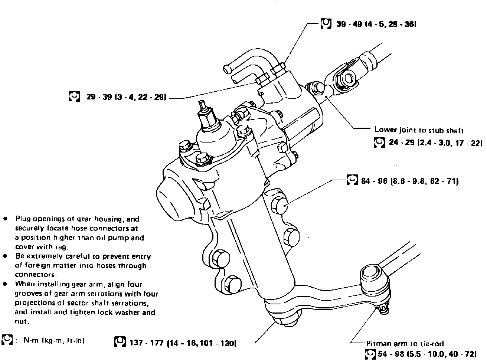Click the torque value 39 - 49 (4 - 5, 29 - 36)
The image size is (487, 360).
pos(376,24)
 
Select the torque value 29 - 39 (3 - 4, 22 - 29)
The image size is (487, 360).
pos(126,97)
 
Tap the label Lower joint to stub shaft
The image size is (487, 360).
pos(419,130)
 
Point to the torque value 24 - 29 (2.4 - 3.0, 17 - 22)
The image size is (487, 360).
pos(436,143)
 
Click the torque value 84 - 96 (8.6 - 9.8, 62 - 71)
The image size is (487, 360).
pos(410,181)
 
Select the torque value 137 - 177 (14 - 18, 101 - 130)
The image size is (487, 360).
pos(183,343)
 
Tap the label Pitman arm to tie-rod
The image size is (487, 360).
pos(405,344)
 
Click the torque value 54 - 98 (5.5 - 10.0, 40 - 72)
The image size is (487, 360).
pos(427,354)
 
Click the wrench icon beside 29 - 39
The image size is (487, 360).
pos(75,96)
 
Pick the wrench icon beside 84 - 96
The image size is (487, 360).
pos(352,180)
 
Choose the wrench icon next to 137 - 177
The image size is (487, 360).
pos(120,341)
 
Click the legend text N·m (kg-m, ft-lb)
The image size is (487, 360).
pos(54,340)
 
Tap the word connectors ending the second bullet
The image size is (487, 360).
pos(36,275)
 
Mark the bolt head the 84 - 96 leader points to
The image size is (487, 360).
pos(279,206)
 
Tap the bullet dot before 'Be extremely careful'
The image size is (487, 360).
pos(5,256)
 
